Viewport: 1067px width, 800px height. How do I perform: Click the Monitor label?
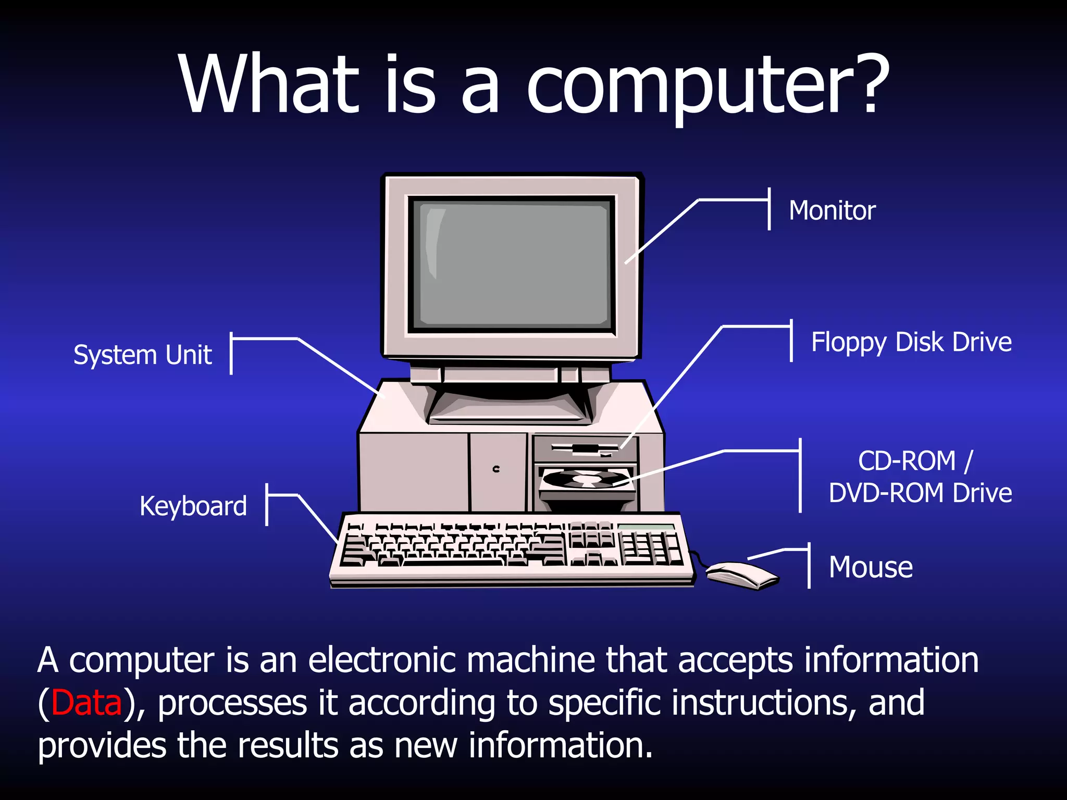point(832,210)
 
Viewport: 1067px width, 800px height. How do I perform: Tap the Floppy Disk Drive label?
point(911,343)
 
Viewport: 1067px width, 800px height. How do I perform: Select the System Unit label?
point(142,355)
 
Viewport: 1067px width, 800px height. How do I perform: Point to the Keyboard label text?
point(193,506)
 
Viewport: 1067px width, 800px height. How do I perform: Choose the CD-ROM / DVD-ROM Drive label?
point(920,477)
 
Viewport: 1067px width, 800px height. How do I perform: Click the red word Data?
point(86,703)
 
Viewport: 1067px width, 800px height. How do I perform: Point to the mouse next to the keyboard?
point(741,574)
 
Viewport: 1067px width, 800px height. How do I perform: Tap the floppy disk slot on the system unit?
point(584,448)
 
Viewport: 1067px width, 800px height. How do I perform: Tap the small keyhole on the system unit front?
point(496,469)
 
